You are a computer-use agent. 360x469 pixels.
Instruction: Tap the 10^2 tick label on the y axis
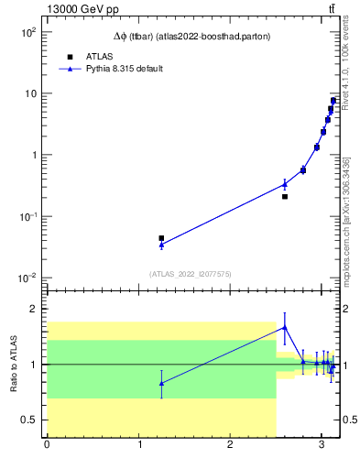[27, 32]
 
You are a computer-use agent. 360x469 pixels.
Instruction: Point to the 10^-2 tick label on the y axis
[27, 278]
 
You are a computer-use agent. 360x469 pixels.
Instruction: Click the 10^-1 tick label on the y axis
[27, 216]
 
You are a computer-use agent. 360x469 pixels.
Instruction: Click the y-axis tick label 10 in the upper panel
[28, 93]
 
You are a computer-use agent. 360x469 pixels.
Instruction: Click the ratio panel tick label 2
[34, 309]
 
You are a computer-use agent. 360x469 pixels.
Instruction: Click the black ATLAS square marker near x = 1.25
[161, 238]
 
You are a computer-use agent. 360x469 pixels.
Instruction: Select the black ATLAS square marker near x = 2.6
[285, 196]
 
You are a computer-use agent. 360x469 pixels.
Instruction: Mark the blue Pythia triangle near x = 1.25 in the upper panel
[161, 245]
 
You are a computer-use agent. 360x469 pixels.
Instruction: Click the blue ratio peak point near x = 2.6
[285, 327]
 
